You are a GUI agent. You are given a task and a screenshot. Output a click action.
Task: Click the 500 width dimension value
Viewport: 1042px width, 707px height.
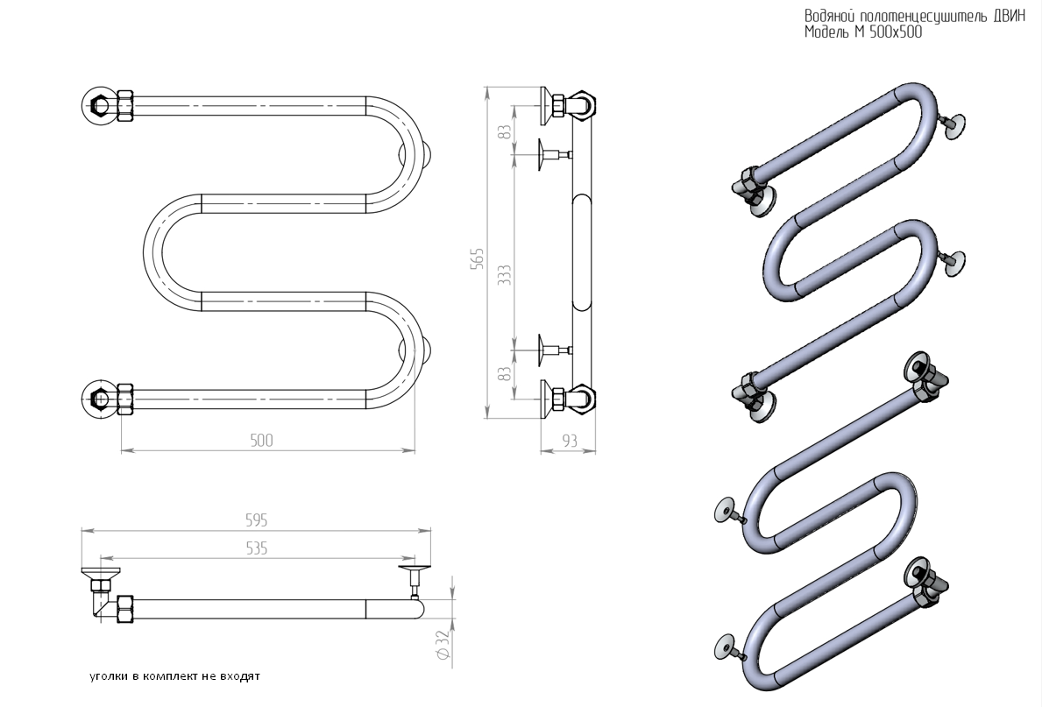[x=261, y=440]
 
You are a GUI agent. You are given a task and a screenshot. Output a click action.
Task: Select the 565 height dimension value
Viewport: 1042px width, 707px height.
[x=477, y=258]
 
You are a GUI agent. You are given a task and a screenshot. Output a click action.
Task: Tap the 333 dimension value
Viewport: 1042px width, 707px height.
[x=505, y=275]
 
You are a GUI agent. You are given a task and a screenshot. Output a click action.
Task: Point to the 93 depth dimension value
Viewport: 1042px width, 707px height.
[x=570, y=441]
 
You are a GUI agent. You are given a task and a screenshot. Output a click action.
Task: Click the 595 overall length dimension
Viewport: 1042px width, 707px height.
[x=257, y=520]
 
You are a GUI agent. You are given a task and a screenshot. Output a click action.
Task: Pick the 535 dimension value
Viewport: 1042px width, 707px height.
[x=257, y=548]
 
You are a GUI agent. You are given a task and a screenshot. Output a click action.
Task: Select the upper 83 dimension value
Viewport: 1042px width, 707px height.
[x=505, y=131]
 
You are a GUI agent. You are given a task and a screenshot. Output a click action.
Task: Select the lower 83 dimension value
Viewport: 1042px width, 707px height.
[x=505, y=373]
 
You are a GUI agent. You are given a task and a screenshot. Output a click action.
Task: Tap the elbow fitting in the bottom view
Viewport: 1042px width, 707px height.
[x=102, y=604]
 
